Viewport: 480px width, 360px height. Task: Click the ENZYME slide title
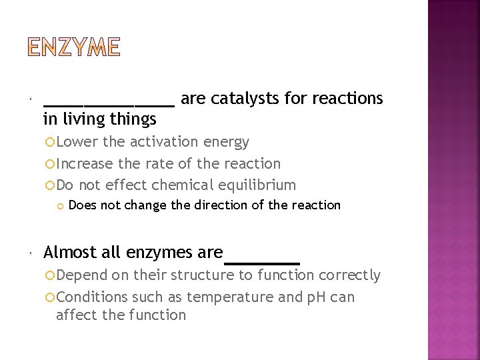(x=74, y=47)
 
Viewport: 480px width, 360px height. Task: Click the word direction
(x=221, y=205)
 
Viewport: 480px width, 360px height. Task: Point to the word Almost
(x=69, y=252)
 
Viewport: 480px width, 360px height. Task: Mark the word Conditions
(x=91, y=297)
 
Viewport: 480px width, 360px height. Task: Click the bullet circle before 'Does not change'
(x=60, y=205)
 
